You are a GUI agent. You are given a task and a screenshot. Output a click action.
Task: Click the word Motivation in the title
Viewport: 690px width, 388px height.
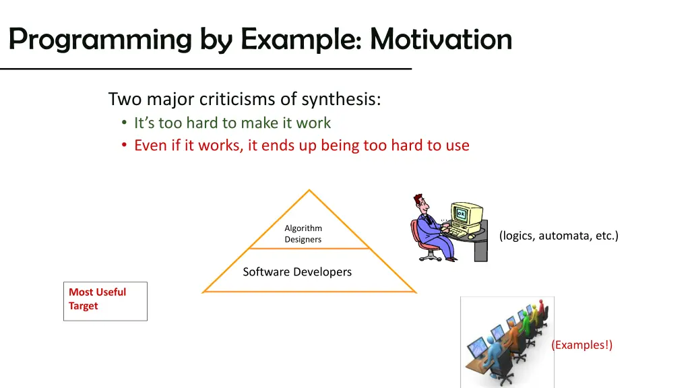coord(441,38)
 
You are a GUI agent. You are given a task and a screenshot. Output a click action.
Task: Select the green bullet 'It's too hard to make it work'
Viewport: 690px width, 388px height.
coord(232,123)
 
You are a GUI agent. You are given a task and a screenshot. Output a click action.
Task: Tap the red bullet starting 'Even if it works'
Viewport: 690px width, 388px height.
coord(301,145)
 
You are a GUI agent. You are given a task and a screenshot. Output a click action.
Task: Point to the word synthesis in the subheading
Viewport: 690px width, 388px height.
coord(341,100)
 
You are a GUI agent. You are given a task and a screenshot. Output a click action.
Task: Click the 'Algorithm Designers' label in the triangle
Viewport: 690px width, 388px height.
coord(303,234)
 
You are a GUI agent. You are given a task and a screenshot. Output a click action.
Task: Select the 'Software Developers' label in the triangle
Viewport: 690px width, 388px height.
coord(297,272)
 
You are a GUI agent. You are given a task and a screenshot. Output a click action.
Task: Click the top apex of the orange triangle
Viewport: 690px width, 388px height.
coord(309,191)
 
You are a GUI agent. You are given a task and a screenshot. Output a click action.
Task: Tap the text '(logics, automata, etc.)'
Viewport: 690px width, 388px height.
coord(559,235)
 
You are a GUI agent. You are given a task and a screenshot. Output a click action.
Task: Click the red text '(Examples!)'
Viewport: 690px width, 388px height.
coord(582,345)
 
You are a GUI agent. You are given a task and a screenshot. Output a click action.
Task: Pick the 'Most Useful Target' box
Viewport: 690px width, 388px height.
coord(105,301)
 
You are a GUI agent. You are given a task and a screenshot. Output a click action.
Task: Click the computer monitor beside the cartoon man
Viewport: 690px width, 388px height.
coord(468,216)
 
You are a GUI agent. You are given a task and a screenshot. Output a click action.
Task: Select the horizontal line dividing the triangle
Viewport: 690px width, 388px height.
coord(309,249)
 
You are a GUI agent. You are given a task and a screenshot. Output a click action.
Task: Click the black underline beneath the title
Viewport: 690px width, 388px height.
coord(206,69)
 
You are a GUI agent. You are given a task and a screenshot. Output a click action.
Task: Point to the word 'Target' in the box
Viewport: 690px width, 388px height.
coord(83,306)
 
